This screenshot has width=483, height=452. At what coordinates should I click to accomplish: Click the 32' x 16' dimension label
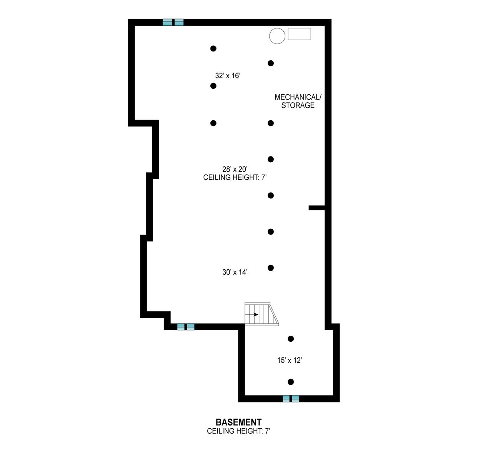pyautogui.click(x=227, y=76)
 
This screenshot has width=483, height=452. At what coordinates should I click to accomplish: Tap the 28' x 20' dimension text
pyautogui.click(x=235, y=169)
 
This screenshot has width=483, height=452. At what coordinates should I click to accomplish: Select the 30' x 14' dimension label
pyautogui.click(x=235, y=272)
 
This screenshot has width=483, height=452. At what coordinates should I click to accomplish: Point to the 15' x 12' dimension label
pyautogui.click(x=290, y=361)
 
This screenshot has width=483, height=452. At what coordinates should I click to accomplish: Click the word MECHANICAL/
pyautogui.click(x=298, y=97)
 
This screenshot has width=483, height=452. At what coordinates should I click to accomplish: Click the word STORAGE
pyautogui.click(x=298, y=105)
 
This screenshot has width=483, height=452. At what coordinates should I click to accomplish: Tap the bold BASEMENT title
pyautogui.click(x=238, y=422)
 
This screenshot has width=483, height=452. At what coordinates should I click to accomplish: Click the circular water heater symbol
pyautogui.click(x=277, y=36)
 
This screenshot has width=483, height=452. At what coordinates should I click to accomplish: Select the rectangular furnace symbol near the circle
pyautogui.click(x=299, y=34)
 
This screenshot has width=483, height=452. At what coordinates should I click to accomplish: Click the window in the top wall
pyautogui.click(x=173, y=22)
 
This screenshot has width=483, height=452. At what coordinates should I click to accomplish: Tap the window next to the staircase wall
pyautogui.click(x=186, y=327)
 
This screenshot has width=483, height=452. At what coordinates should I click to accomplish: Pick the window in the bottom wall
pyautogui.click(x=291, y=399)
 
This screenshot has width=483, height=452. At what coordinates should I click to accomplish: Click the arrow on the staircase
pyautogui.click(x=254, y=314)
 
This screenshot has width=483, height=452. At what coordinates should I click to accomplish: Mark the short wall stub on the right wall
pyautogui.click(x=317, y=208)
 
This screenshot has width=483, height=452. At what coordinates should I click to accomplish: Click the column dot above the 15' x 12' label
pyautogui.click(x=291, y=339)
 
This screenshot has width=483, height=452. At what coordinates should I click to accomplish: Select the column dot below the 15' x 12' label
pyautogui.click(x=291, y=382)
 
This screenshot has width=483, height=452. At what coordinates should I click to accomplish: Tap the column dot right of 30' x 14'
pyautogui.click(x=271, y=268)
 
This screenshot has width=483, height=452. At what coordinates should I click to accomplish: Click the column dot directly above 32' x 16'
pyautogui.click(x=213, y=48)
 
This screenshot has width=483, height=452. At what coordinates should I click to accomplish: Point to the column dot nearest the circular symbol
pyautogui.click(x=271, y=63)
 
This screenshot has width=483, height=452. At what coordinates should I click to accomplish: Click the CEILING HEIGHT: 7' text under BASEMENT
pyautogui.click(x=238, y=431)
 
